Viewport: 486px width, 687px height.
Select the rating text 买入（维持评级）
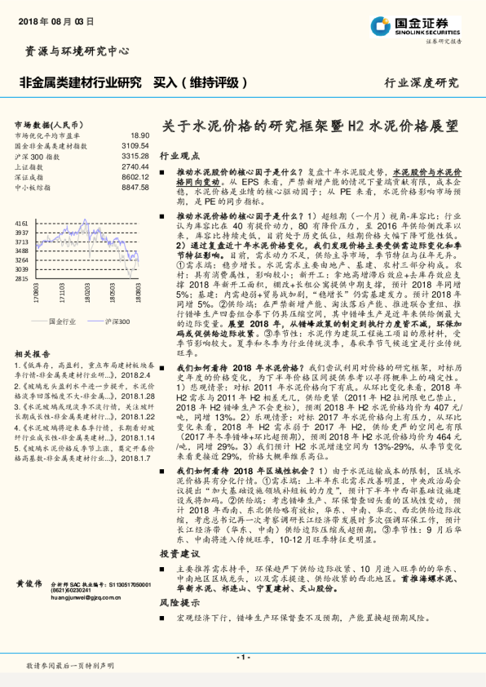pos(201,82)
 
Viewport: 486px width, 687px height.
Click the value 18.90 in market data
pos(139,135)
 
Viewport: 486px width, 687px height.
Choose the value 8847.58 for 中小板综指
pos(135,188)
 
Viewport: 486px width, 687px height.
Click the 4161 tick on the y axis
pos(22,222)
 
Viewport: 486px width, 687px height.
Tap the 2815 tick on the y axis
pos(22,278)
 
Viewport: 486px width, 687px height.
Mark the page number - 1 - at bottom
pos(242,657)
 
